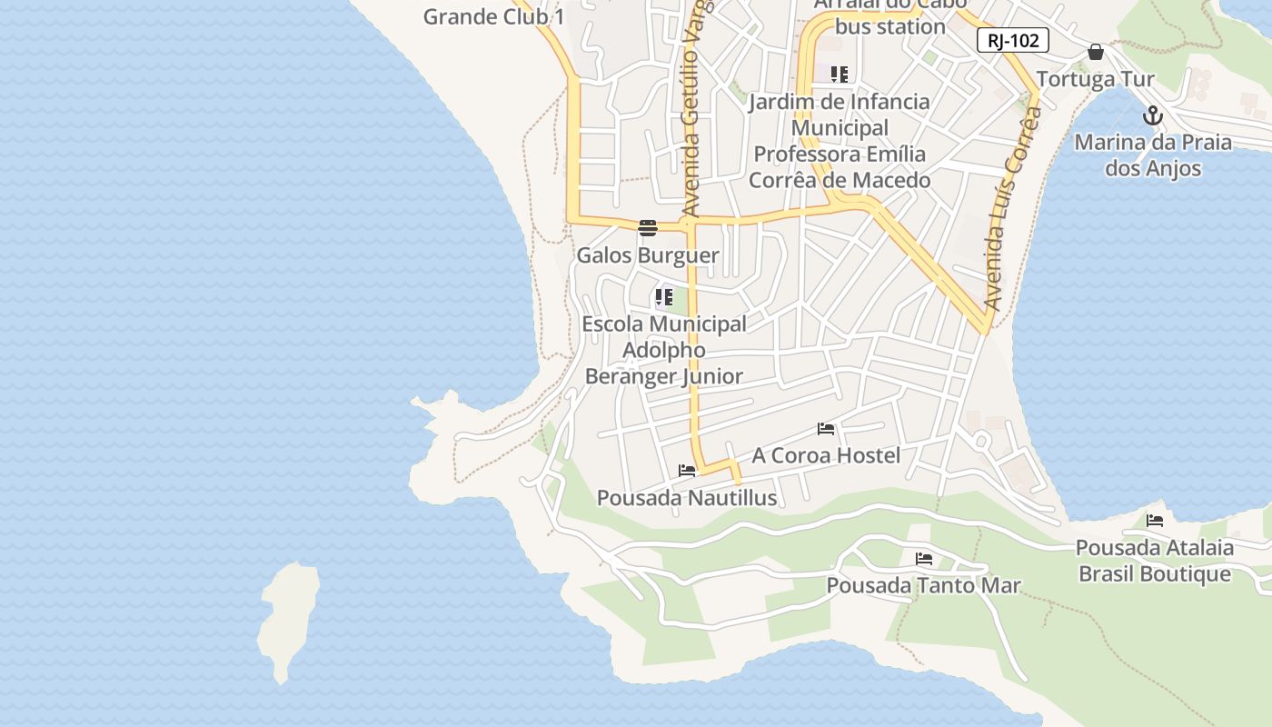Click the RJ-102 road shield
tap(1013, 40)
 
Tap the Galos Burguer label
tap(648, 255)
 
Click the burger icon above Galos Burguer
tap(648, 227)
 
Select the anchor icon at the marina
tap(1153, 115)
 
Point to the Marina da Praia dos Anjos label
tap(1153, 155)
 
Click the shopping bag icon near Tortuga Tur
tap(1096, 52)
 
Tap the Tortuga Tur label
tap(1096, 79)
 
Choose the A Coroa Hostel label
tap(826, 455)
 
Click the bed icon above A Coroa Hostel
tap(826, 428)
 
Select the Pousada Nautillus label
tap(687, 498)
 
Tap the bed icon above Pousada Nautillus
tap(687, 471)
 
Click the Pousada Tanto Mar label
tap(923, 586)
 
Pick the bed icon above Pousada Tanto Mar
tap(924, 558)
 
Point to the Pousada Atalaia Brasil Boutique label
tap(1155, 561)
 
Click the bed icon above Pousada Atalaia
tap(1155, 521)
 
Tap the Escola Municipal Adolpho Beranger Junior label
tap(664, 350)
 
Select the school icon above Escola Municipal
tap(664, 296)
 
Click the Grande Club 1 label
tap(494, 16)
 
